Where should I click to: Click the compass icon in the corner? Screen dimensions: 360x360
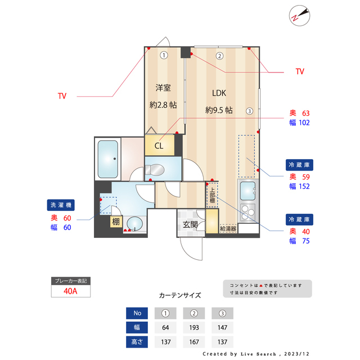(x=299, y=16)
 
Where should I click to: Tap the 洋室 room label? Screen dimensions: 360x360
(x=163, y=88)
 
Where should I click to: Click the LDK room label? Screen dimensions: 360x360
(x=219, y=93)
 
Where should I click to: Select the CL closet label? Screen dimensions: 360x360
(x=159, y=146)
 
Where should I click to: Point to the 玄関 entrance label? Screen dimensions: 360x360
(x=190, y=225)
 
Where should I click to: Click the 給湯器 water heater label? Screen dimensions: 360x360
(x=228, y=229)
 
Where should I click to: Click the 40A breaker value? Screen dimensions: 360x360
(x=70, y=291)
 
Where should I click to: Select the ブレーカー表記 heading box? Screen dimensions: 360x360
(x=70, y=281)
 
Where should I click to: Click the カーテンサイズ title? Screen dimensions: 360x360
(x=180, y=295)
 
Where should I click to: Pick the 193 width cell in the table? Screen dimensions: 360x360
(x=194, y=327)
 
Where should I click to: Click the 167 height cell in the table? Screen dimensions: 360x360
(x=194, y=341)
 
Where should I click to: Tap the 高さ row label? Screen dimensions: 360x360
(x=137, y=341)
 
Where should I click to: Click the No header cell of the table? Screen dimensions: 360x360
(x=137, y=313)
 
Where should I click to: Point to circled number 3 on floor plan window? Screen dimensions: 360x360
(x=249, y=111)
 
